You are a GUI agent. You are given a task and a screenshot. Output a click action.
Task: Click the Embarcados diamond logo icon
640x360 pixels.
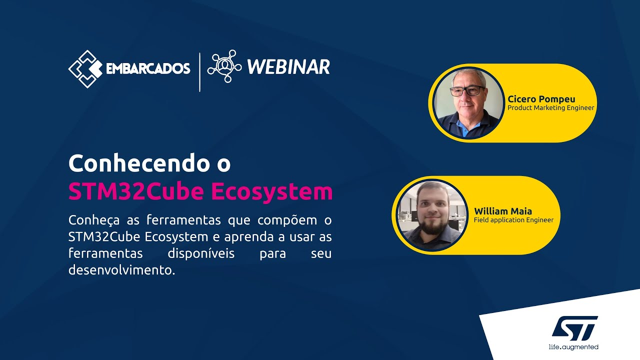point(85,69)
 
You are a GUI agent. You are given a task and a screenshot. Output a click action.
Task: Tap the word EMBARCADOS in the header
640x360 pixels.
point(148,68)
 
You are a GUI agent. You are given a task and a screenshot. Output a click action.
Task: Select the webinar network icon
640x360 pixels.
point(224,66)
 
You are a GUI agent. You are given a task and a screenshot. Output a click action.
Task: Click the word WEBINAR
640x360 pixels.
point(288,67)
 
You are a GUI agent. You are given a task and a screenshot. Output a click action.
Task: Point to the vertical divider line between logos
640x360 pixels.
point(199,72)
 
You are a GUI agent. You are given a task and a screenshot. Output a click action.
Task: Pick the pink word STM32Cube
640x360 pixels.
point(136,191)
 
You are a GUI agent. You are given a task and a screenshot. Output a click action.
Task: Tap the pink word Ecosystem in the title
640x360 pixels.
point(272,191)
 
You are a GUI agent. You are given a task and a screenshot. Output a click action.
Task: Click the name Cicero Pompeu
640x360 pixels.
point(541,99)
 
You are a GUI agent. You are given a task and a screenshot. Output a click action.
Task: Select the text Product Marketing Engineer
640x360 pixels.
point(550,108)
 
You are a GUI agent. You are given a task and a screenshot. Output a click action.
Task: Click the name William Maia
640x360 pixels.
point(503,211)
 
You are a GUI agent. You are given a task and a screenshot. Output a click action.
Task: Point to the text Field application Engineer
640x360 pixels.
point(513,220)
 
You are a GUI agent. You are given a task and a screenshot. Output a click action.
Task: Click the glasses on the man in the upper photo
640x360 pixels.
point(467,91)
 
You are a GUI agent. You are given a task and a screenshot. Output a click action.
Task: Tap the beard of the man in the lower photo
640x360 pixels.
point(433,226)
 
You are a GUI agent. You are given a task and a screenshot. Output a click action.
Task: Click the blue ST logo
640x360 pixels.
point(574,328)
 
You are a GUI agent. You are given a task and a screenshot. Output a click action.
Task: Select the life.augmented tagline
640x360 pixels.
point(573,347)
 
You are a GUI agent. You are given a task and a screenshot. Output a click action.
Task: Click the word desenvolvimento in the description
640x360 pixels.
point(121,269)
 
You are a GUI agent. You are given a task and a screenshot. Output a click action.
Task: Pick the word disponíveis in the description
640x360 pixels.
point(201,253)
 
